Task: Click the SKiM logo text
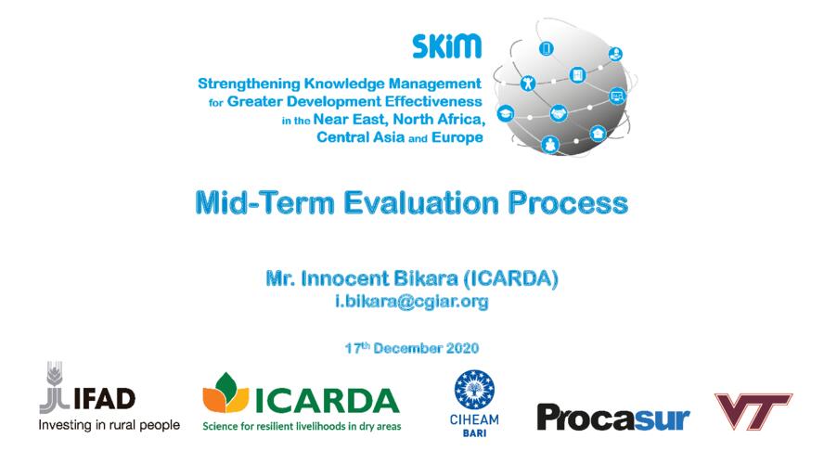click(446, 46)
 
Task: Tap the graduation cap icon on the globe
click(506, 113)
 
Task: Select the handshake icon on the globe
click(558, 113)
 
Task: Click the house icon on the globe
click(598, 134)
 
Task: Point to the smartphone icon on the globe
click(546, 49)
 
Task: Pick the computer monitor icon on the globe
click(617, 97)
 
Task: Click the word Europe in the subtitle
click(457, 137)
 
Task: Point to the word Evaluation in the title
click(421, 203)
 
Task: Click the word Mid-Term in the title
click(264, 203)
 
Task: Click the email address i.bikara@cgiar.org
click(412, 302)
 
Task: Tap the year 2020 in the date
click(462, 348)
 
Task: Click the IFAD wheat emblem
click(54, 387)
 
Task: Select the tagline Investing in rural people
click(109, 425)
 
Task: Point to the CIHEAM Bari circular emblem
click(474, 390)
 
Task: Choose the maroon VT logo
click(753, 411)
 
